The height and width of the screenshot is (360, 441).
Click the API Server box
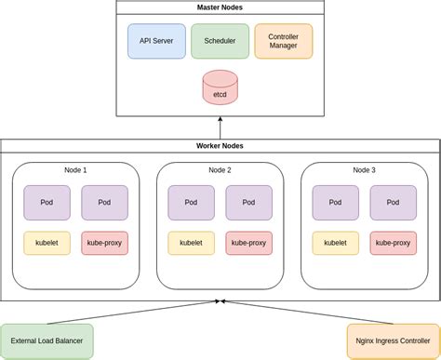(156, 41)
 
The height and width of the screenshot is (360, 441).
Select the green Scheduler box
(220, 41)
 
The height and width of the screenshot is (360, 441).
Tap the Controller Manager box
(283, 41)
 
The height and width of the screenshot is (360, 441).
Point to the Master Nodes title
(220, 7)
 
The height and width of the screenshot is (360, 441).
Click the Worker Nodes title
(220, 146)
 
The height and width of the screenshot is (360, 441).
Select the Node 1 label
(75, 170)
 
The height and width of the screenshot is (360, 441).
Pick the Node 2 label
(220, 170)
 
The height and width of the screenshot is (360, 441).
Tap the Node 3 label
(365, 170)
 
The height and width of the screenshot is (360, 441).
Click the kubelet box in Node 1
(47, 243)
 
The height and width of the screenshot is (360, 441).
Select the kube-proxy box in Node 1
(104, 243)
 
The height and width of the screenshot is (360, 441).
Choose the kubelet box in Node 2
(191, 243)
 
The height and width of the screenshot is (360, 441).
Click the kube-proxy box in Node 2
(248, 243)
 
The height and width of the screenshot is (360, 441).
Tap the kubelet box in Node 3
(336, 243)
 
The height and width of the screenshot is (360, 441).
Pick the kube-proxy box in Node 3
(393, 243)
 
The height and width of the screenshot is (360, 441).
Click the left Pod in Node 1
(47, 202)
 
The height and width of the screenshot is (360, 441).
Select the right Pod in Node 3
(393, 202)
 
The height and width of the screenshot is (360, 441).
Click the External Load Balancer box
(47, 341)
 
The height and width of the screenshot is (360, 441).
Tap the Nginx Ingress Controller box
(393, 341)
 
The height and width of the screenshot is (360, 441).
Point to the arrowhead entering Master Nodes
(220, 120)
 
